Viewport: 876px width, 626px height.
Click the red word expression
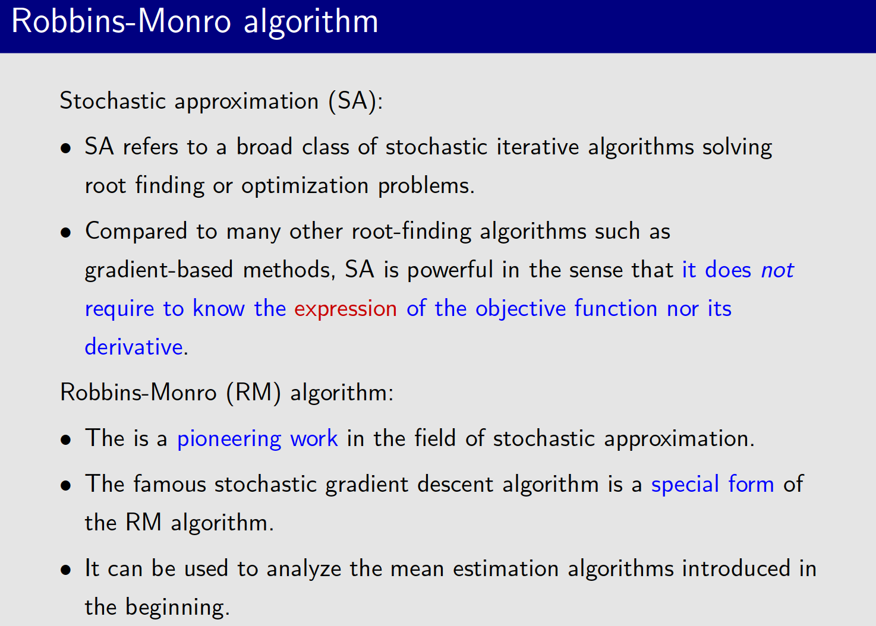tap(345, 309)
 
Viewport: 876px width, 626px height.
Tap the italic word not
tap(777, 270)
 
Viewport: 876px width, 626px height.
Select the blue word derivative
tap(134, 347)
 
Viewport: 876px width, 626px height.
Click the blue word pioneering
tap(229, 439)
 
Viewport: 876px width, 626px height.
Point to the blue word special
tap(685, 485)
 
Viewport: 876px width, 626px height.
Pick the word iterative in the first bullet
tap(537, 147)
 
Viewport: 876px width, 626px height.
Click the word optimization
tap(305, 186)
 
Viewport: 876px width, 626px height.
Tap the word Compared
tap(136, 232)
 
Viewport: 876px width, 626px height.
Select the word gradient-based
tap(159, 270)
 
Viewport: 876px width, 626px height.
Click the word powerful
tap(450, 270)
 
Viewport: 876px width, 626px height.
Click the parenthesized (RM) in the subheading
tap(254, 393)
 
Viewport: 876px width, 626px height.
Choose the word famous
tap(169, 484)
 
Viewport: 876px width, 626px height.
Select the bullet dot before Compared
tap(66, 232)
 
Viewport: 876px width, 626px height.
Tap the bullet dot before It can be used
tap(66, 570)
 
